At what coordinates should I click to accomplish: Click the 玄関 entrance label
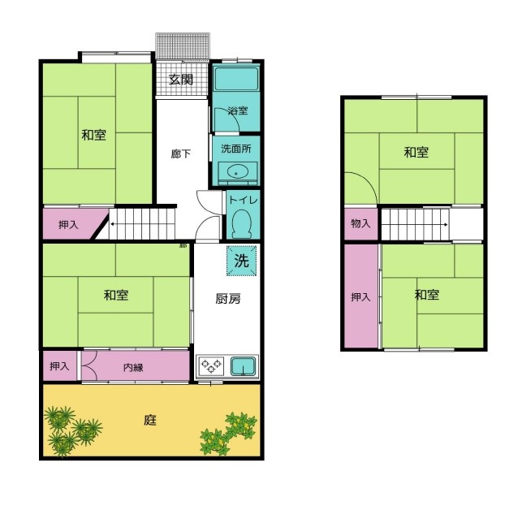click(181, 80)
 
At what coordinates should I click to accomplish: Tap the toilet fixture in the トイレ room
click(242, 224)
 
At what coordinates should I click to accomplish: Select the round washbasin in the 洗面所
click(236, 173)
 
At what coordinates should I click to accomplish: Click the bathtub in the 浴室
click(236, 79)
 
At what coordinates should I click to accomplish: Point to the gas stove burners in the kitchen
click(211, 366)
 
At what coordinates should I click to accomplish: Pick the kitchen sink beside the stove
click(244, 366)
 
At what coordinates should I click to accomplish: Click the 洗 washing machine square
click(241, 261)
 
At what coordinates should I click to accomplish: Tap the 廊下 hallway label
click(181, 153)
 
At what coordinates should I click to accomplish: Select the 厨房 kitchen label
click(228, 299)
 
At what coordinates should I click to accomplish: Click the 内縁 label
click(133, 367)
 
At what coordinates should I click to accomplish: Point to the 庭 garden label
click(150, 420)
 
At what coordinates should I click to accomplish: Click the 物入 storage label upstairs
click(360, 223)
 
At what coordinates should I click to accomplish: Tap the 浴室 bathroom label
click(238, 110)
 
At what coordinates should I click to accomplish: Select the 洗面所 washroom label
click(236, 149)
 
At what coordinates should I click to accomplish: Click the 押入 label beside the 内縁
click(59, 366)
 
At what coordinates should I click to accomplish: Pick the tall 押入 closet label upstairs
click(360, 296)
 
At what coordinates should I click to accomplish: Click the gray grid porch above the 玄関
click(183, 46)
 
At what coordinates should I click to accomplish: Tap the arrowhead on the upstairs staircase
click(447, 225)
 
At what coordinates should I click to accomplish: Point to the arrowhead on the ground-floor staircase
click(112, 224)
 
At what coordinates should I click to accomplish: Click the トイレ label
click(243, 200)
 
